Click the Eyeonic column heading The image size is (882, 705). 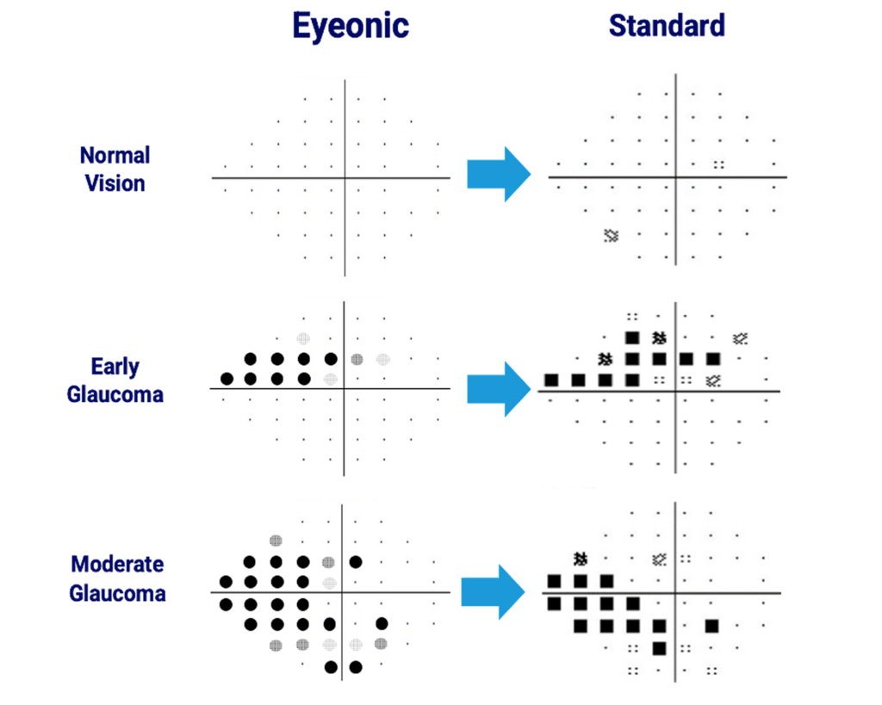[351, 26]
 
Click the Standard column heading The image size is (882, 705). [668, 26]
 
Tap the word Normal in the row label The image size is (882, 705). [115, 155]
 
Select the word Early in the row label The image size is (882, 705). [115, 367]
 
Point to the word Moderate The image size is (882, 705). [117, 564]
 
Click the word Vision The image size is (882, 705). [115, 183]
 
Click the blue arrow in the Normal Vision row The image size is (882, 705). [499, 174]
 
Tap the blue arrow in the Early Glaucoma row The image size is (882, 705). [499, 389]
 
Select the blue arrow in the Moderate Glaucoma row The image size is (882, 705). [493, 592]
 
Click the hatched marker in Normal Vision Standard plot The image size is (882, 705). [612, 236]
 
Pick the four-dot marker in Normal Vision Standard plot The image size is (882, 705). [719, 164]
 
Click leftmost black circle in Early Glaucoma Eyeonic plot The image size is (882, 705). [227, 379]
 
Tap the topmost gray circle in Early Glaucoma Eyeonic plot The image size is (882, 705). [303, 338]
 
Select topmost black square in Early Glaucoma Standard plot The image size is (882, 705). [632, 338]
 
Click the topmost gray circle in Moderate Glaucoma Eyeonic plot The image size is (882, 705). [276, 541]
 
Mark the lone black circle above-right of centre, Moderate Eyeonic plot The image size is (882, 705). [356, 561]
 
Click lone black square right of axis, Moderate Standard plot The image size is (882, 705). [712, 626]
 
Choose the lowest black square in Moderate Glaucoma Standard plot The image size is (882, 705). [659, 648]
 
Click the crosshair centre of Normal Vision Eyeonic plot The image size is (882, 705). [345, 178]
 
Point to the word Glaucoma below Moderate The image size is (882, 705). [117, 593]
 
